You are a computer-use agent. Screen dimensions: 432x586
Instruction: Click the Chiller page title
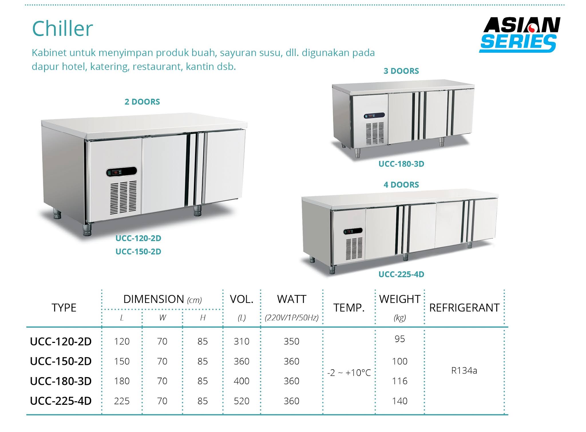(x=62, y=29)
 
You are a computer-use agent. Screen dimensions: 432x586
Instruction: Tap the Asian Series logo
(x=520, y=35)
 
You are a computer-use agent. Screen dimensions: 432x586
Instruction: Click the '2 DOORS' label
(x=142, y=102)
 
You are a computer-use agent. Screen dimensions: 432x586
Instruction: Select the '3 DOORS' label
(x=401, y=71)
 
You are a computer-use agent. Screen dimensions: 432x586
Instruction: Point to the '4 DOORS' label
(x=401, y=185)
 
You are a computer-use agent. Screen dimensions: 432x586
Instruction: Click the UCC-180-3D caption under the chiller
(x=401, y=164)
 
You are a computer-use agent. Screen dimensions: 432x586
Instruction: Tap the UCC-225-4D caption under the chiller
(x=401, y=274)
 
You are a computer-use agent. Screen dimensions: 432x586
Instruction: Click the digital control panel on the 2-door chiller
(x=121, y=172)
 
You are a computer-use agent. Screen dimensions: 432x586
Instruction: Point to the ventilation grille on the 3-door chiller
(x=375, y=133)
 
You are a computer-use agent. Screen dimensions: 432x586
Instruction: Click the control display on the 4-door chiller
(x=353, y=231)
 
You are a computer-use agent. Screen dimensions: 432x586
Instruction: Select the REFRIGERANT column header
(x=464, y=308)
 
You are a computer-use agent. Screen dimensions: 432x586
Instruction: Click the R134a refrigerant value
(x=464, y=371)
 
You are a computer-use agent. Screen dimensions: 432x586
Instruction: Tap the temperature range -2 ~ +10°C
(x=349, y=373)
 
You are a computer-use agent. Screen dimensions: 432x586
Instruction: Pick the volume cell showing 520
(x=241, y=401)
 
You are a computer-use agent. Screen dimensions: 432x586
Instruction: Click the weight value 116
(x=400, y=381)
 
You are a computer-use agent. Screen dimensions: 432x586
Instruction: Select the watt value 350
(x=291, y=341)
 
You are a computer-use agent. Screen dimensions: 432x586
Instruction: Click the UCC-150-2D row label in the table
(x=61, y=361)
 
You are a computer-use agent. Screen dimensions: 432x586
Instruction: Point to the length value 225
(x=122, y=401)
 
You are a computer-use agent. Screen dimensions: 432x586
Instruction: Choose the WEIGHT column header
(x=400, y=299)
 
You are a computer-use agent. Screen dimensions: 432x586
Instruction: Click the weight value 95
(x=400, y=339)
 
